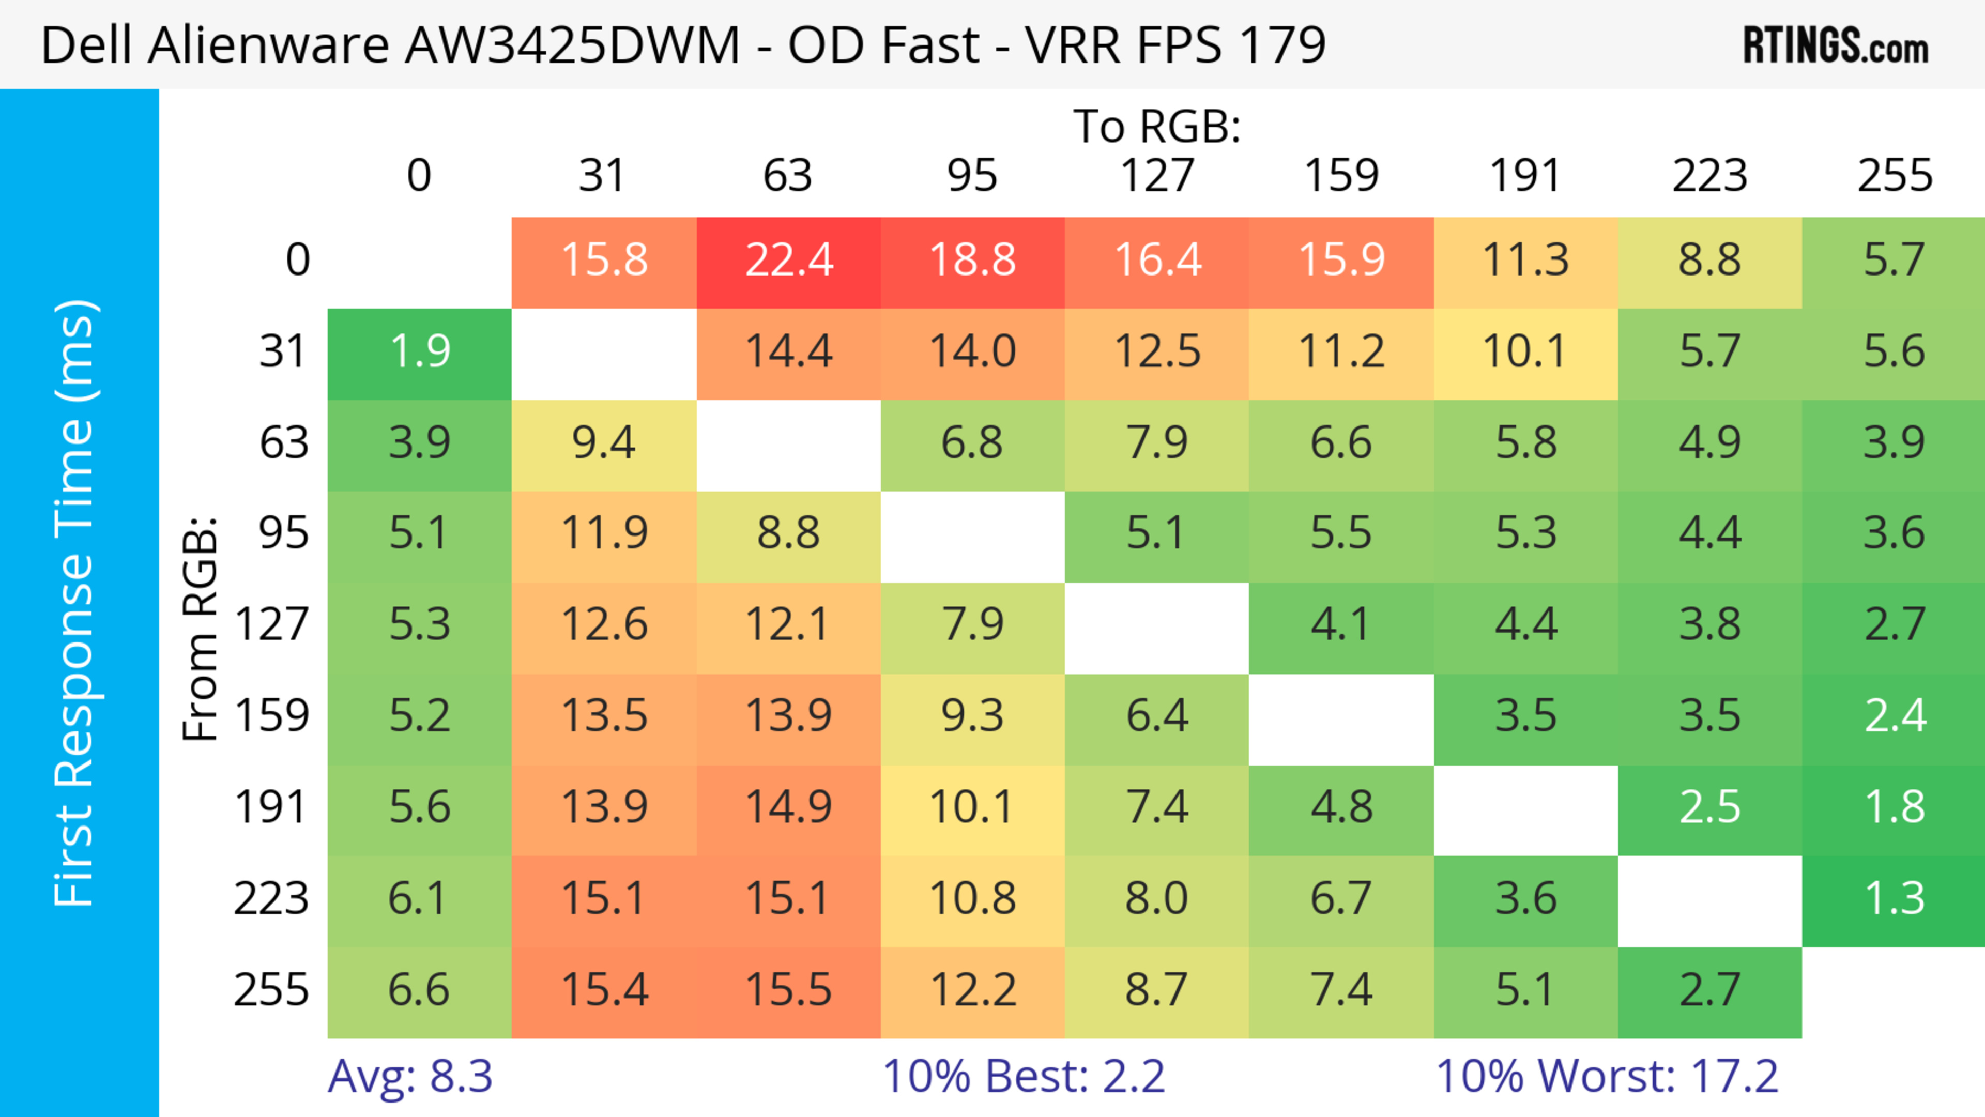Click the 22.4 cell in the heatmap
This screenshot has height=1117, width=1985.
pos(788,261)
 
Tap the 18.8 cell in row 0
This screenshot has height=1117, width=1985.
pos(972,261)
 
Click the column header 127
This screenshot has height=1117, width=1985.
pos(1157,176)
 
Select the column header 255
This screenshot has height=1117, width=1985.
pos(1894,176)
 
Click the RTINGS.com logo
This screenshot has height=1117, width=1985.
pos(1836,44)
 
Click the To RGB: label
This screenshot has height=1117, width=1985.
pos(1157,126)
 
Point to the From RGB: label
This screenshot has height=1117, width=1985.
pos(201,629)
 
